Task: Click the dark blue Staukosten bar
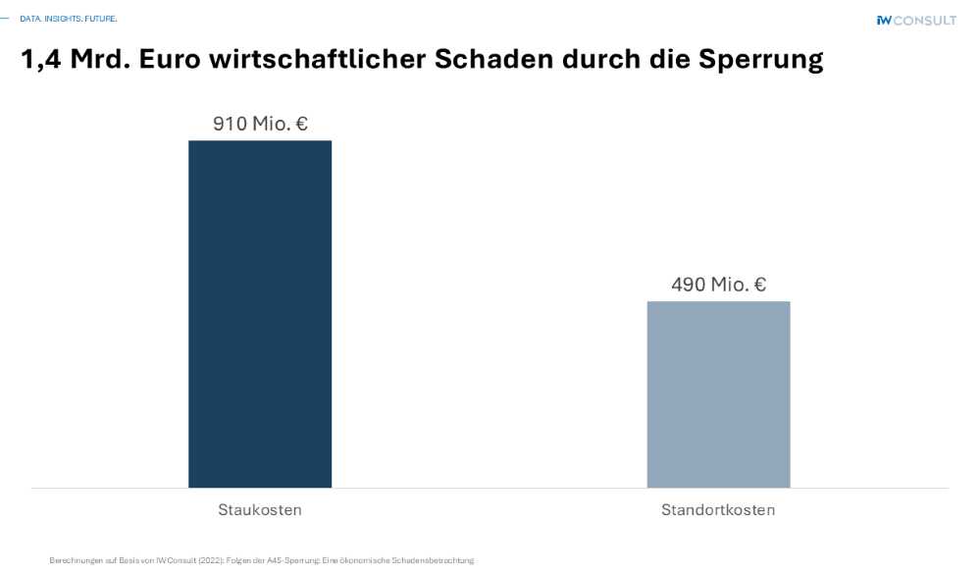pos(260,314)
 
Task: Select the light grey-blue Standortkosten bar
pos(718,393)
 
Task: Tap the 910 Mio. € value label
pos(260,124)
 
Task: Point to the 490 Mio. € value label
pos(718,285)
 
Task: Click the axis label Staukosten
pos(260,510)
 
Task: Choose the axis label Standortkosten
pos(718,510)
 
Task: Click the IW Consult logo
pos(916,20)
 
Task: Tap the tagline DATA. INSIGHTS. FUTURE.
pos(68,18)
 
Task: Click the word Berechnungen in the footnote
pos(72,560)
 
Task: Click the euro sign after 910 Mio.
pos(301,124)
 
